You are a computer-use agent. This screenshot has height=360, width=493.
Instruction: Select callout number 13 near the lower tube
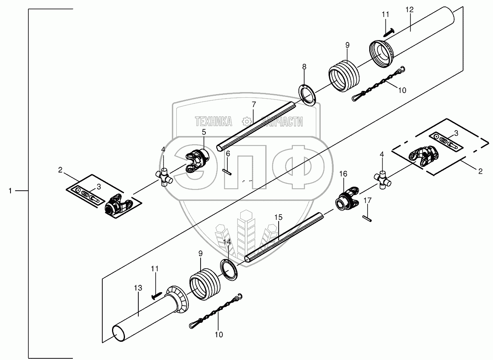[138, 288]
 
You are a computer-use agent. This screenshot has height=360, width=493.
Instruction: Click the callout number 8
[304, 66]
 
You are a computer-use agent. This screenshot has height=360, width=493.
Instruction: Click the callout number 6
[228, 154]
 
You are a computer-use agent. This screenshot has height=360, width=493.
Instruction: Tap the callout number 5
[204, 132]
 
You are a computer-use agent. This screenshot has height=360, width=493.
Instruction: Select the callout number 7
[254, 105]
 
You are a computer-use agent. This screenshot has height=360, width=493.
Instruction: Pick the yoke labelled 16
[347, 198]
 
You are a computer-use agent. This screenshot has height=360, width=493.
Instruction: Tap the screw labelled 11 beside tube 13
[157, 295]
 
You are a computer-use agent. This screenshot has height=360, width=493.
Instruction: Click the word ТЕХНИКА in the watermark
[214, 121]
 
